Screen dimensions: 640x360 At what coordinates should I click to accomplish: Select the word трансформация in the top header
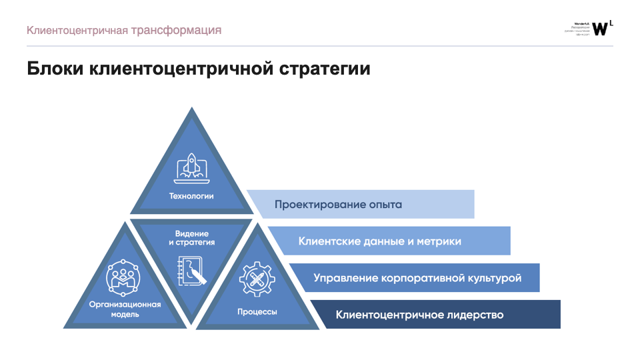click(176, 30)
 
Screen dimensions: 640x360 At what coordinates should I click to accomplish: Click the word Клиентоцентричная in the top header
click(77, 30)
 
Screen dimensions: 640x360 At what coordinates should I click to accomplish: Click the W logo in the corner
click(600, 28)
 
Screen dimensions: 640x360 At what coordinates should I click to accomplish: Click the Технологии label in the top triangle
click(191, 196)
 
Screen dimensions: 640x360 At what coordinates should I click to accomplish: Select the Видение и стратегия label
click(192, 238)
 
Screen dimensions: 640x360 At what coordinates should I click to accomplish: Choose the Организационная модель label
click(125, 309)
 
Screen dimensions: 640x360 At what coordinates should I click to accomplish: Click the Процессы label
click(257, 311)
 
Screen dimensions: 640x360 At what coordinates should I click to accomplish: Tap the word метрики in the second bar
click(439, 241)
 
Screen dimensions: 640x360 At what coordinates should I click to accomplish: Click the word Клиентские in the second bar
click(326, 241)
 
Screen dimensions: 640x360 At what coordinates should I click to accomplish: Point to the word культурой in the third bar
click(494, 277)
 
